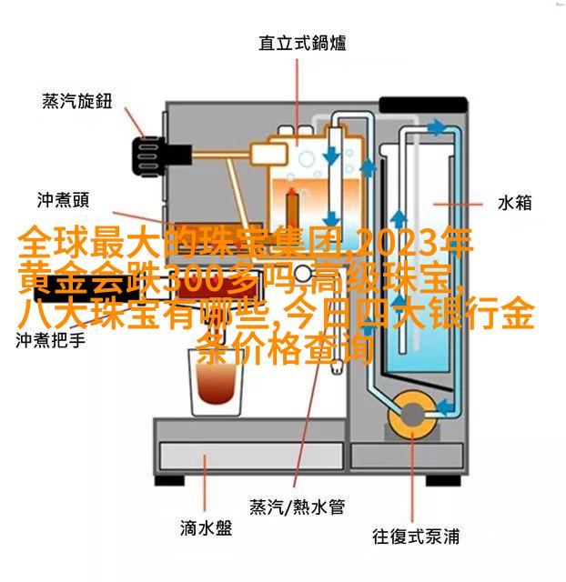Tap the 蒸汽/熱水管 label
pos(297,506)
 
